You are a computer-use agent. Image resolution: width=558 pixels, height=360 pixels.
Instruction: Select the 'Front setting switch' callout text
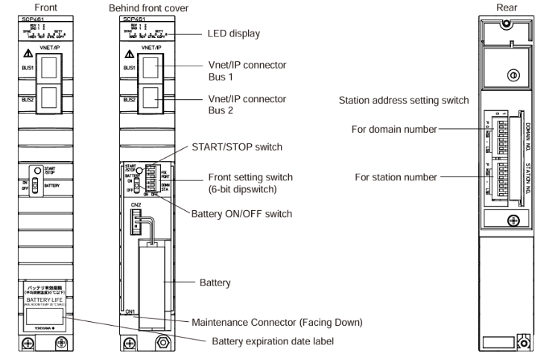251,177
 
